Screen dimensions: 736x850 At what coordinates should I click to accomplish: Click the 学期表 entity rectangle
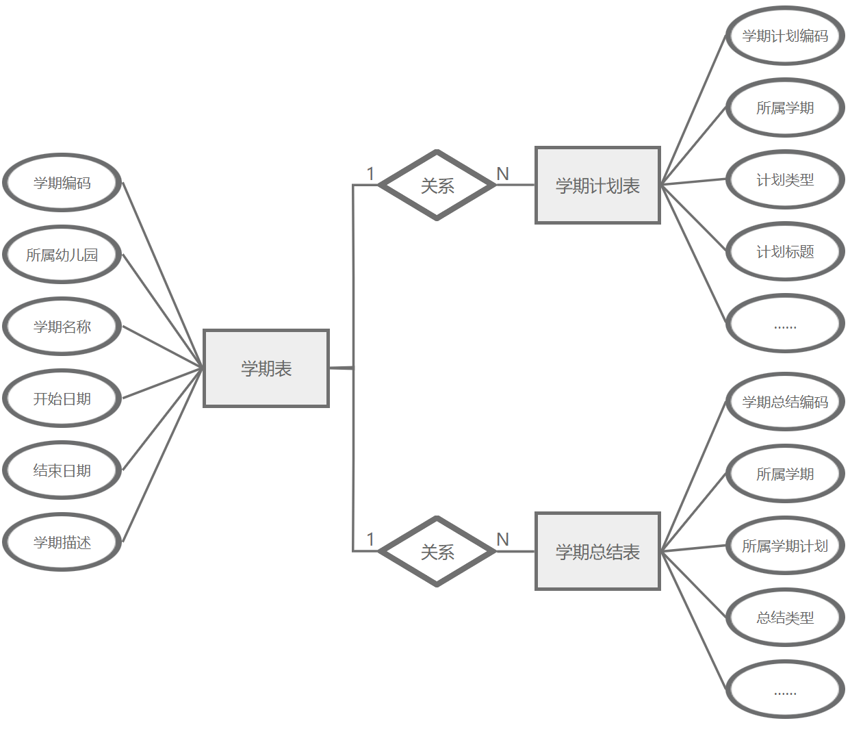266,368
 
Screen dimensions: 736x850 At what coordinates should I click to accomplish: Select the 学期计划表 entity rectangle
597,186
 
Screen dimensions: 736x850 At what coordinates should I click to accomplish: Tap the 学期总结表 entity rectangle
597,551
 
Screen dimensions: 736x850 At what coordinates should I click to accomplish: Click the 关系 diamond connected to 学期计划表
437,186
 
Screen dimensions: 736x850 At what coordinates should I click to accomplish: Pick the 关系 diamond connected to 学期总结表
437,551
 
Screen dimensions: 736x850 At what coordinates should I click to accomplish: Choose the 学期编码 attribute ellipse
62,183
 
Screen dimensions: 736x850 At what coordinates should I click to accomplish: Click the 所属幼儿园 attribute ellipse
62,255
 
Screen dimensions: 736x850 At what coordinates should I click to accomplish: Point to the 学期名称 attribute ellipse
62,327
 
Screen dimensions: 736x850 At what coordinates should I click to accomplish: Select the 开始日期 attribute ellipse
62,398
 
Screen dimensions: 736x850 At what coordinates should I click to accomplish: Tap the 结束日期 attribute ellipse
62,470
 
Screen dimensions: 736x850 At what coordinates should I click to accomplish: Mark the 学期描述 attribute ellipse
62,542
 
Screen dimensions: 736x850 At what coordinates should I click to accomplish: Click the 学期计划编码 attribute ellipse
785,36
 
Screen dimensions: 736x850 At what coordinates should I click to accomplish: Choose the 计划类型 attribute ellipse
785,179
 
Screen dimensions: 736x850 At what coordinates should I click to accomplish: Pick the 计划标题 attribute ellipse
785,251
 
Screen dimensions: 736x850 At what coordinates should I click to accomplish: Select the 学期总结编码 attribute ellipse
785,402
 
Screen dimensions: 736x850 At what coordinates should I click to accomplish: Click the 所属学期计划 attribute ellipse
785,546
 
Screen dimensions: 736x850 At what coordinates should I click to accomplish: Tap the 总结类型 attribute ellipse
785,618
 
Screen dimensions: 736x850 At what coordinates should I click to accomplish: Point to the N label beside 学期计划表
503,174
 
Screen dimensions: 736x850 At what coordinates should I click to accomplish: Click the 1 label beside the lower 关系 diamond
370,540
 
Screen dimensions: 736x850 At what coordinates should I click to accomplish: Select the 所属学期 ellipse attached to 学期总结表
785,474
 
